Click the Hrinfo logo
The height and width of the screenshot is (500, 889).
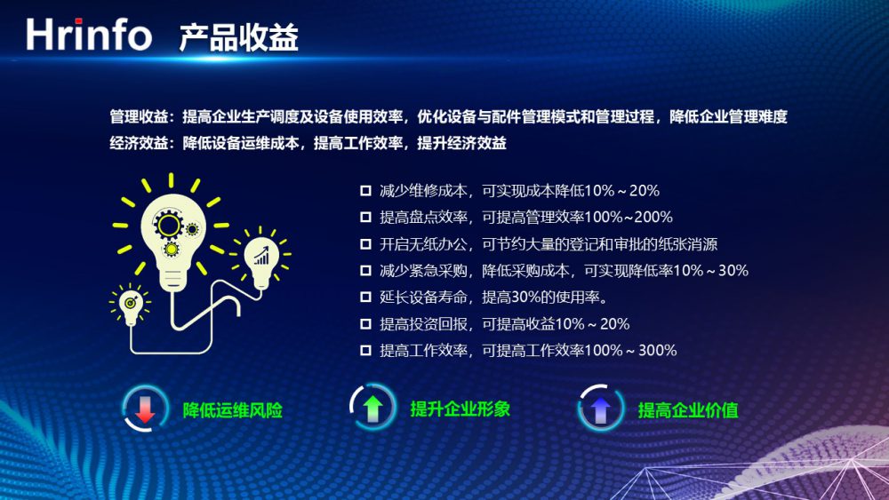click(x=89, y=35)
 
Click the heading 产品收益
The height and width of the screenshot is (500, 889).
click(x=238, y=38)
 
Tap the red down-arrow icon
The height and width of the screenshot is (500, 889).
click(x=145, y=409)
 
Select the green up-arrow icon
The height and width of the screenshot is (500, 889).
click(x=372, y=408)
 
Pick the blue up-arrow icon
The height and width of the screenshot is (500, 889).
click(x=600, y=408)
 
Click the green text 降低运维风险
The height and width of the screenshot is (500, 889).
click(x=232, y=410)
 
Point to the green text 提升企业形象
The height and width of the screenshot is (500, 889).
click(x=461, y=409)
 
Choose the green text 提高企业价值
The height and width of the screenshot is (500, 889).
click(x=688, y=410)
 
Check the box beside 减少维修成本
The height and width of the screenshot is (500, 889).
click(x=365, y=191)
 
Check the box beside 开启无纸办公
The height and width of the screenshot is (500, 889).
click(x=365, y=244)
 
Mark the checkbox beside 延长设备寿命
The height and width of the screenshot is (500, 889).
click(x=365, y=298)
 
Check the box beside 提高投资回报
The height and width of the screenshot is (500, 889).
click(x=365, y=324)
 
